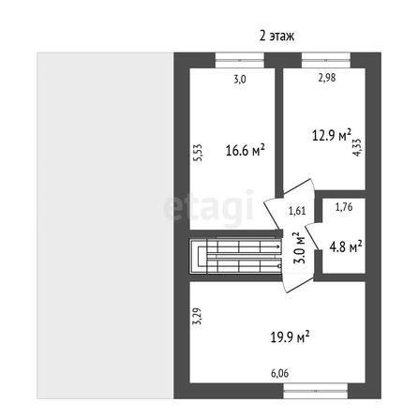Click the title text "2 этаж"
pyautogui.click(x=276, y=36)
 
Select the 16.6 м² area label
pyautogui.click(x=246, y=151)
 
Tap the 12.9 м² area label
pyautogui.click(x=332, y=135)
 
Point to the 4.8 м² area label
pyautogui.click(x=346, y=246)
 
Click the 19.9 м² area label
pyautogui.click(x=290, y=336)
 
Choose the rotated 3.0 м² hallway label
pyautogui.click(x=300, y=247)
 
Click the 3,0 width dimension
pyautogui.click(x=240, y=80)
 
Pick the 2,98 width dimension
pyautogui.click(x=327, y=78)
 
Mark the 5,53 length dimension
pyautogui.click(x=198, y=153)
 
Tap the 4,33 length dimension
pyautogui.click(x=357, y=147)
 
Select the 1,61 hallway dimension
pyautogui.click(x=297, y=211)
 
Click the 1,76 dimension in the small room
pyautogui.click(x=344, y=207)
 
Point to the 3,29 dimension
pyautogui.click(x=197, y=316)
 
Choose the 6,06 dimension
pyautogui.click(x=280, y=373)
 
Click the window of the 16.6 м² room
pyautogui.click(x=240, y=60)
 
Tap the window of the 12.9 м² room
pyautogui.click(x=326, y=60)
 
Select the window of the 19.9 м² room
pyautogui.click(x=316, y=391)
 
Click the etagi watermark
pyautogui.click(x=209, y=207)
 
